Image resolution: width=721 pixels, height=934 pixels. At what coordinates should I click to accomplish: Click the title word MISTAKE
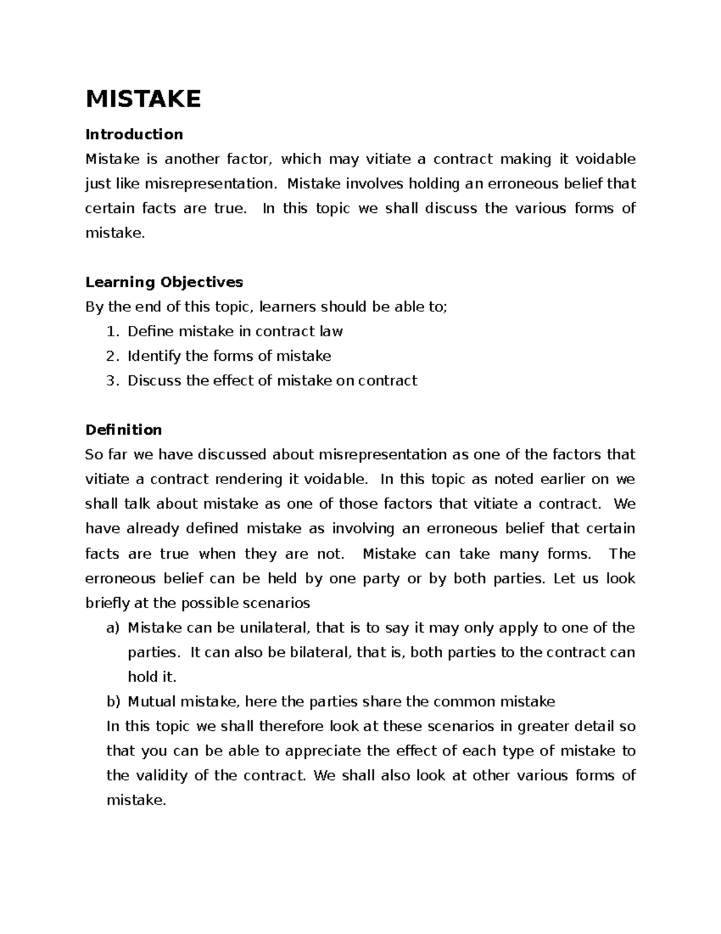pyautogui.click(x=143, y=99)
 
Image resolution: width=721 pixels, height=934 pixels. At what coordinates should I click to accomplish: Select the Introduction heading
pyautogui.click(x=134, y=134)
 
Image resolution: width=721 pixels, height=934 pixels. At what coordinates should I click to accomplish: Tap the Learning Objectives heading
pyautogui.click(x=164, y=282)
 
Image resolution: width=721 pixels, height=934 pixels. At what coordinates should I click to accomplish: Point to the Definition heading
pyautogui.click(x=124, y=430)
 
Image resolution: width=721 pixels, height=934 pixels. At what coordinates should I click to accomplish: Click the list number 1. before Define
pyautogui.click(x=112, y=331)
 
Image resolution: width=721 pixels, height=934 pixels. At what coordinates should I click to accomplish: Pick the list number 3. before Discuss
pyautogui.click(x=112, y=381)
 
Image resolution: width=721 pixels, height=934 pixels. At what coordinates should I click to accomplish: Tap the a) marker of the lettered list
pyautogui.click(x=113, y=628)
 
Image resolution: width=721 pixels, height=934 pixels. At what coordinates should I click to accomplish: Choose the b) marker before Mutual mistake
pyautogui.click(x=113, y=702)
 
